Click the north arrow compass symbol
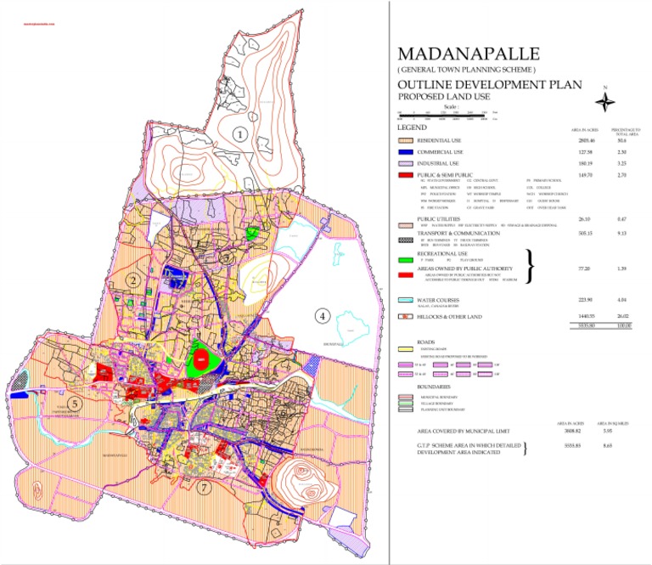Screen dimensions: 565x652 [x=604, y=101]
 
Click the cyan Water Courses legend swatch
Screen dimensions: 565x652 [x=405, y=300]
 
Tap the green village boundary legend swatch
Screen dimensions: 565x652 [x=405, y=403]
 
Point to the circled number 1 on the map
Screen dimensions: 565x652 [x=240, y=133]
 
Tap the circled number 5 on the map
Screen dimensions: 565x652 [x=75, y=404]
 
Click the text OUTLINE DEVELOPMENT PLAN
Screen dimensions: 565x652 [x=490, y=85]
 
